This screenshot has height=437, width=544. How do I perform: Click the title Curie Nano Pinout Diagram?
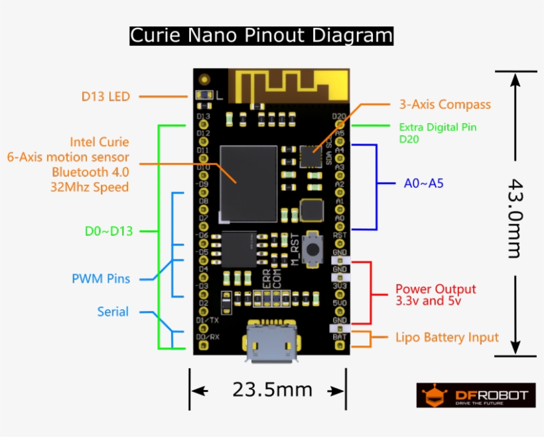(x=261, y=35)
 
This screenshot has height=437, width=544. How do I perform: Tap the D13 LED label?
(x=105, y=97)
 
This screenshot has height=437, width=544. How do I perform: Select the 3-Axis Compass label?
(x=444, y=105)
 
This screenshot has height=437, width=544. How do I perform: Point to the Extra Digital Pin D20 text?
(x=437, y=133)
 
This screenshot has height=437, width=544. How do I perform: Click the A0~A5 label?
(x=423, y=183)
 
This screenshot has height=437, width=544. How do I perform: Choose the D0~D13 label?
(x=109, y=231)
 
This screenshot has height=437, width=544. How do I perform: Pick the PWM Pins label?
(x=101, y=279)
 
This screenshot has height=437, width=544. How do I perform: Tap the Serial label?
(x=113, y=312)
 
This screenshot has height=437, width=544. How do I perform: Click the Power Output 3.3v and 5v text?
(x=435, y=295)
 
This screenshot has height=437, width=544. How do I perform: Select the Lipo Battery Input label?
(x=446, y=338)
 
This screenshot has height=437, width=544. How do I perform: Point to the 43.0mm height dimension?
(x=515, y=217)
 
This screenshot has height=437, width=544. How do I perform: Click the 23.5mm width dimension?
(x=272, y=389)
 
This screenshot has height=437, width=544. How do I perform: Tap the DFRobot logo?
(x=476, y=395)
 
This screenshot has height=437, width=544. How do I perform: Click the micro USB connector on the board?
(x=272, y=344)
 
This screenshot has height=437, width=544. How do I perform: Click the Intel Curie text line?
(x=100, y=142)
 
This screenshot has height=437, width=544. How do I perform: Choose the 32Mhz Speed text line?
(x=90, y=187)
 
